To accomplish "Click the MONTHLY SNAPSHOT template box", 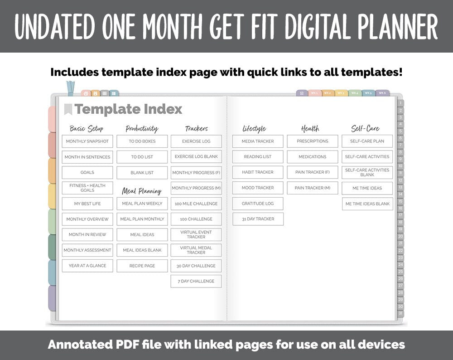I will point(87,141).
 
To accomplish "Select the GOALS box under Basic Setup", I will point(87,172).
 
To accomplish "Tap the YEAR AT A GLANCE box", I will point(87,266).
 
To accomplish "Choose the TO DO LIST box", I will point(142,157).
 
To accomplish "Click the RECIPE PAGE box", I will point(142,266).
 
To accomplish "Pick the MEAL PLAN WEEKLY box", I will point(142,204).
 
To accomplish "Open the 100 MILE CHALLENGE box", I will point(196,204).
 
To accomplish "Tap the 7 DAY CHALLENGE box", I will point(196,281).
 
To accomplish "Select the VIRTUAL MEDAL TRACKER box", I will point(196,250).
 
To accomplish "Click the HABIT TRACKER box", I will point(258,172).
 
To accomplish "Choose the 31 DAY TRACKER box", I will point(258,219).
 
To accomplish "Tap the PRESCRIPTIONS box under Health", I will point(313,141).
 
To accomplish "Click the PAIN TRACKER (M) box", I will point(313,188).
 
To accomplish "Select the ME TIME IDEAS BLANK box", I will point(367,204).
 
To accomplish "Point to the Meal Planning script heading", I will point(142,191).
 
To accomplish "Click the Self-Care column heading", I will point(365,129).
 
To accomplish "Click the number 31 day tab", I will point(400,313).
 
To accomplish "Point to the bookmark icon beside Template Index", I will point(68,109).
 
